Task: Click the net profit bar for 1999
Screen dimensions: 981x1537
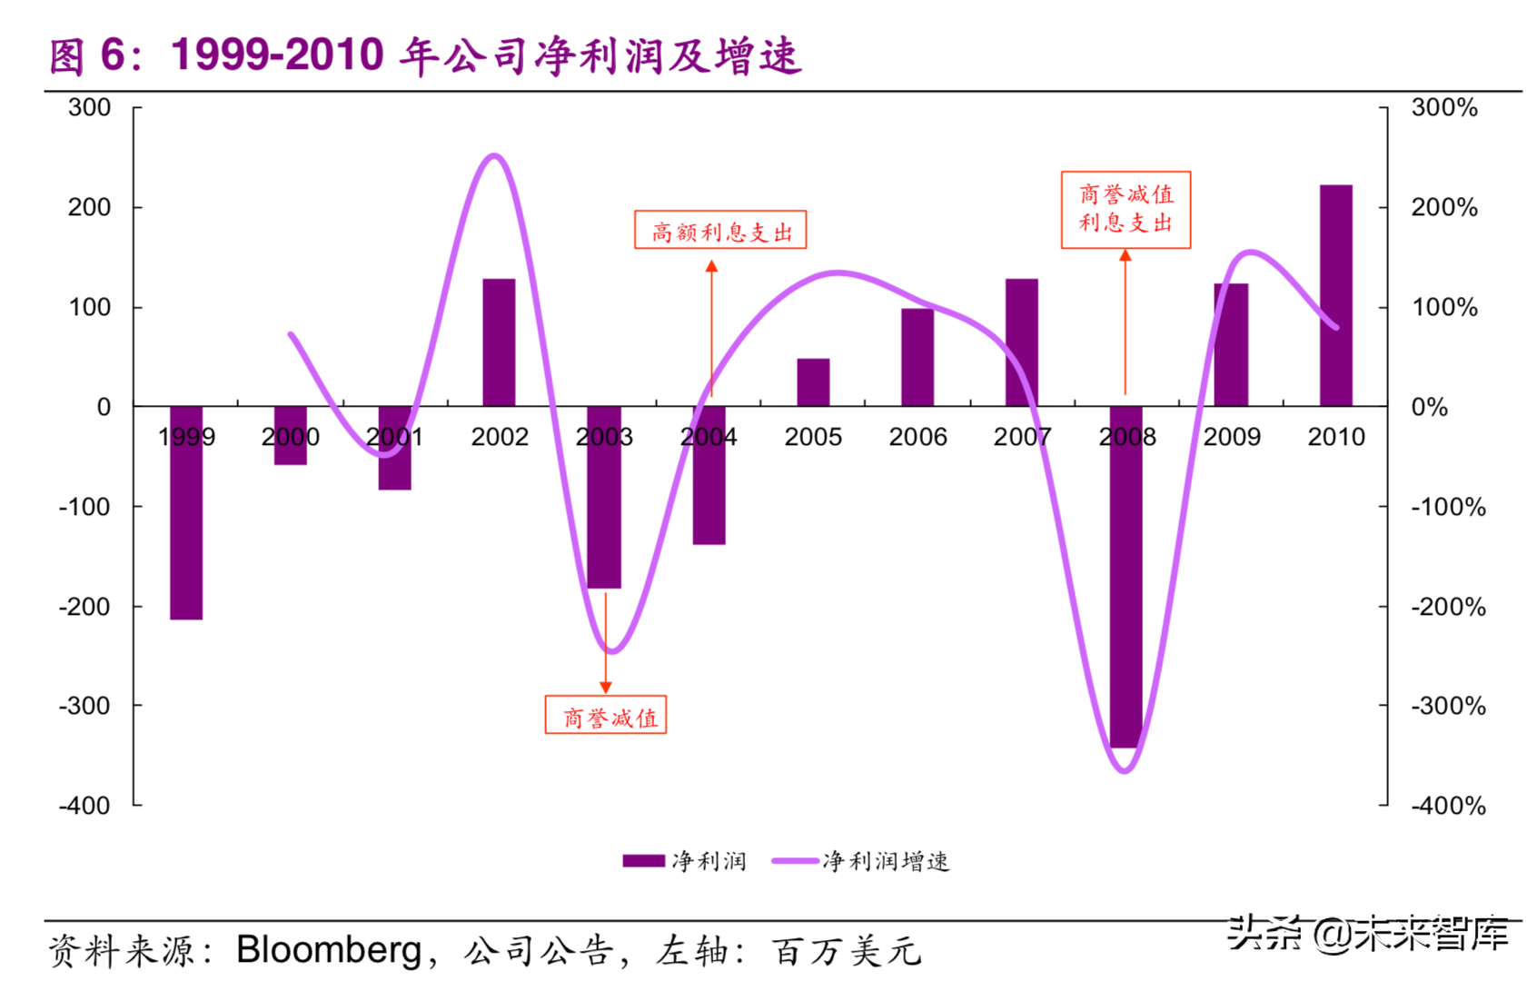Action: tap(186, 513)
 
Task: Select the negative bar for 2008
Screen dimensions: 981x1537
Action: tap(1126, 581)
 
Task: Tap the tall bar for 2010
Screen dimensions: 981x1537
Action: tap(1335, 295)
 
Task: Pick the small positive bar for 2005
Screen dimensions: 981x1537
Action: tap(813, 382)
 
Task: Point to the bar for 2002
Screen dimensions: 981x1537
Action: tap(499, 342)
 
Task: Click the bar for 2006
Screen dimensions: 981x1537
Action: tap(917, 357)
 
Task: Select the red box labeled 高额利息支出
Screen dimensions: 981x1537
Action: tap(719, 231)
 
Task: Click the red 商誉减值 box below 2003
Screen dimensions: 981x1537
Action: tap(606, 716)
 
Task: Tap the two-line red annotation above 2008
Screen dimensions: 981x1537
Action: tap(1125, 209)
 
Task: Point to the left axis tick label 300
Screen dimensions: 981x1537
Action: tap(89, 108)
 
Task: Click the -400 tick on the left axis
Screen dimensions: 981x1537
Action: tap(84, 806)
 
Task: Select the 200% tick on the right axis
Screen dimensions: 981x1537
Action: tap(1443, 208)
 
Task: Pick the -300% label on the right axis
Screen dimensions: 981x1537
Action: tap(1448, 706)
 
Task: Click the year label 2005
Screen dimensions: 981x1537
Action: tap(813, 438)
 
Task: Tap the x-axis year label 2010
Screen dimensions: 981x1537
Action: tap(1335, 438)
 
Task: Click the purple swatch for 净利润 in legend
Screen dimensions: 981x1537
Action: tap(643, 861)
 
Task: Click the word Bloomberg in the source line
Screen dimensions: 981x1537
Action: tap(329, 950)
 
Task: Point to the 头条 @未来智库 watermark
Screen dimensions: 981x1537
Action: tap(1367, 934)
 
